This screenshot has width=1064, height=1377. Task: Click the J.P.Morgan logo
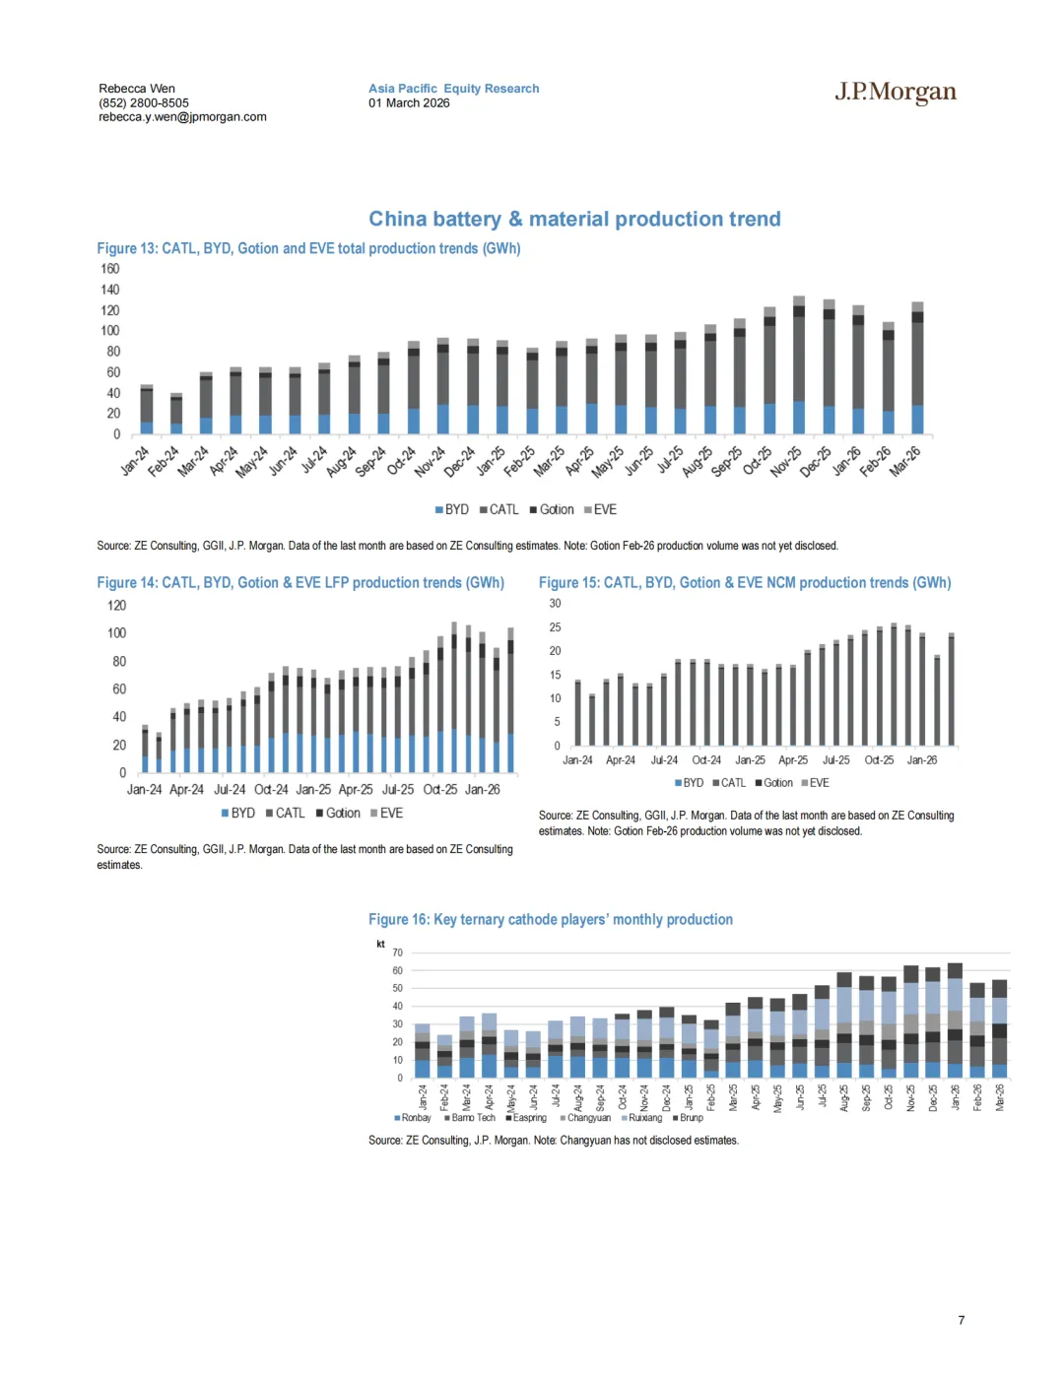click(895, 93)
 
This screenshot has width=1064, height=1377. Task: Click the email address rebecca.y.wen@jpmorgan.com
click(182, 117)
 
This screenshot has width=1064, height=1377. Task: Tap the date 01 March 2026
click(409, 103)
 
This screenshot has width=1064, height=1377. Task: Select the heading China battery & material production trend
click(574, 219)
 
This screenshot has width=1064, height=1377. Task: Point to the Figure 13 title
click(308, 249)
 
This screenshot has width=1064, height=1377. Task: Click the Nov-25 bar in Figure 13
click(799, 365)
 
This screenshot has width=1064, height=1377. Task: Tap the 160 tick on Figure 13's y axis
click(109, 269)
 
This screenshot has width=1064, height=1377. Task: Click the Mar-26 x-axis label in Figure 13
click(905, 460)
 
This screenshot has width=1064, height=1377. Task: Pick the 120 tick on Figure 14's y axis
click(116, 606)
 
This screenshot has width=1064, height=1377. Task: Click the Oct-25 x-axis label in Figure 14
click(440, 790)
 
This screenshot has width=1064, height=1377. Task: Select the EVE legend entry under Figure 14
click(390, 814)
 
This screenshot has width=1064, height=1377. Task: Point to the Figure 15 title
click(745, 583)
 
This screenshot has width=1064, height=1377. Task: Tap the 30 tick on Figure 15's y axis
click(555, 604)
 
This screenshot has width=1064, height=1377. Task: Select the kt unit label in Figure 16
click(380, 944)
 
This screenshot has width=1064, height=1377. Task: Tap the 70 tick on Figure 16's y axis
click(397, 952)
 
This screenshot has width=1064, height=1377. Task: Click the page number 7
click(962, 1320)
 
